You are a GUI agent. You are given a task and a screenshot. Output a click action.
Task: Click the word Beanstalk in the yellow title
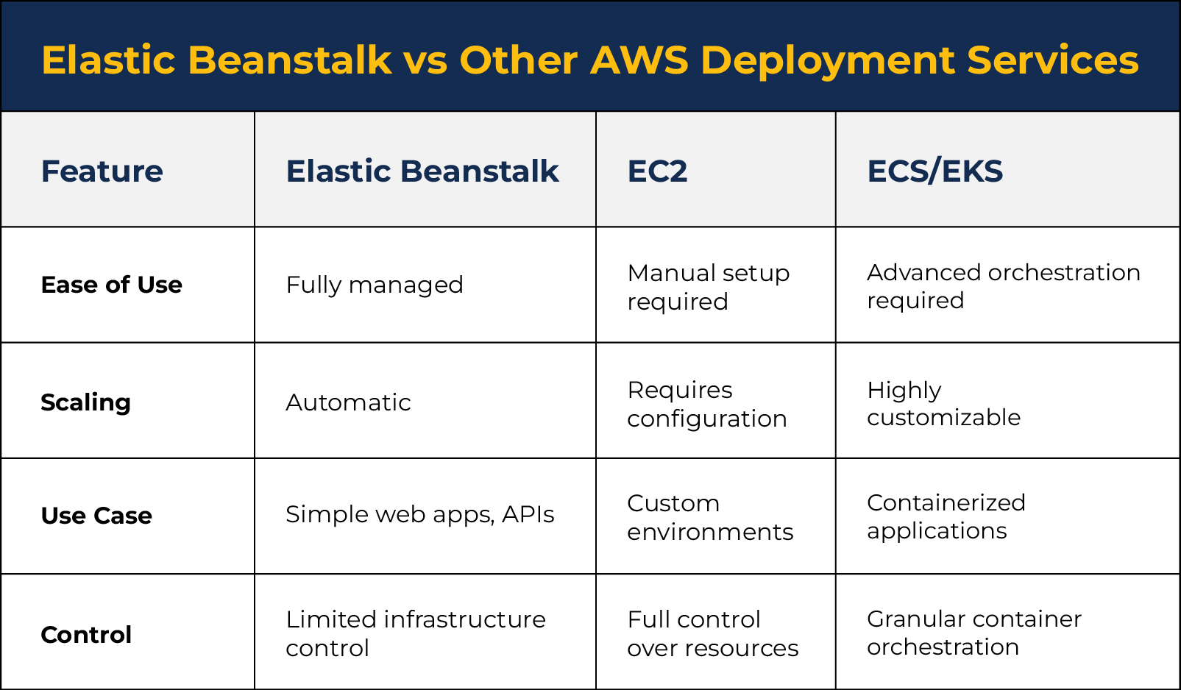click(x=289, y=60)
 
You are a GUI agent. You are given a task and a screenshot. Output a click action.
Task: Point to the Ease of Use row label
click(x=111, y=285)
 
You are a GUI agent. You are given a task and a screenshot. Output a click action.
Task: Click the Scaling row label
click(x=85, y=402)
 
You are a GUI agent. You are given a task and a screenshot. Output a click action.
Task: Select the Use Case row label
click(x=96, y=516)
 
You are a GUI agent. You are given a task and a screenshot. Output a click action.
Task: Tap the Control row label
click(x=86, y=635)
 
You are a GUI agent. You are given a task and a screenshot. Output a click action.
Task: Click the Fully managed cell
click(x=375, y=285)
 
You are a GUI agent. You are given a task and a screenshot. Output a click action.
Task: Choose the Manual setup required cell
click(x=708, y=288)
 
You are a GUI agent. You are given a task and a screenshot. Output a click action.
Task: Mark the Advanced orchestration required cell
click(x=1004, y=286)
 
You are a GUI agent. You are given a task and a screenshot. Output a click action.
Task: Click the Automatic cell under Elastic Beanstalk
click(x=348, y=402)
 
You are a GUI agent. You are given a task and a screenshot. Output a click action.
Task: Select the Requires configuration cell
click(x=706, y=405)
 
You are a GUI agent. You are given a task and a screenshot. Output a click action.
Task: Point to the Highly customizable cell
click(x=944, y=403)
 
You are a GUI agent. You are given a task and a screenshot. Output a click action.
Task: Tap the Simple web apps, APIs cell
click(x=419, y=514)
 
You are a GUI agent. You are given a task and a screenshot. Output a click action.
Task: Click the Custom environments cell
click(x=709, y=517)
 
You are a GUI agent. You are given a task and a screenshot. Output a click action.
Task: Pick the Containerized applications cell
click(x=946, y=516)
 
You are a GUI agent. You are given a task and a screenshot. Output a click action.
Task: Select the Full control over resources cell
click(x=712, y=633)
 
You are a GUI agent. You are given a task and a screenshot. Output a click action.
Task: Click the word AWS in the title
click(x=639, y=60)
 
